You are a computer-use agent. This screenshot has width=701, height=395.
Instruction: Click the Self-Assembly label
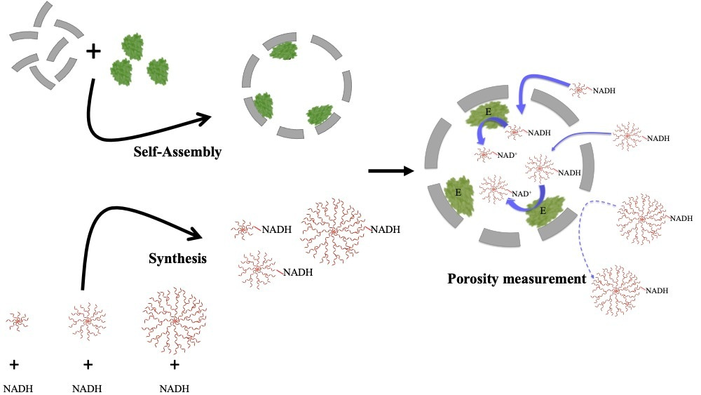point(177,152)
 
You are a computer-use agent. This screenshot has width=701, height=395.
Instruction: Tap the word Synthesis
point(177,258)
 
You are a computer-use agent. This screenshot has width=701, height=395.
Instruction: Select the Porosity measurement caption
point(517,279)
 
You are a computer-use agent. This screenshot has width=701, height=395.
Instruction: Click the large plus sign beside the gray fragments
point(93,51)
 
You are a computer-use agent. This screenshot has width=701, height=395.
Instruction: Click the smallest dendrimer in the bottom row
point(18,322)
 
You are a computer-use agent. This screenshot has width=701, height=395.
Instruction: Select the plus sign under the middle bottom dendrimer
point(88,364)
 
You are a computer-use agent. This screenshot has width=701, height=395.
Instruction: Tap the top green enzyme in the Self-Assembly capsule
point(283,51)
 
